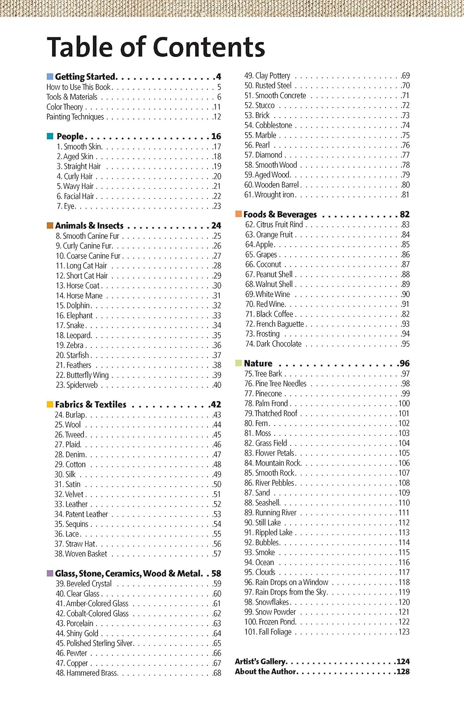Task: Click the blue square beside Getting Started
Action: click(50, 76)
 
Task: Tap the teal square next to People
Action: click(50, 136)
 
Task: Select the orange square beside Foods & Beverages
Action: click(238, 214)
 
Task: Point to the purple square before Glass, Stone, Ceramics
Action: click(50, 573)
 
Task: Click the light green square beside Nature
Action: click(238, 363)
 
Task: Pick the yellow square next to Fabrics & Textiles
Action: click(50, 404)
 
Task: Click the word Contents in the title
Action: click(209, 47)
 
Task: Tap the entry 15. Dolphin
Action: click(73, 305)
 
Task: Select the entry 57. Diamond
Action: click(263, 155)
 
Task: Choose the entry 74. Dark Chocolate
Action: click(273, 344)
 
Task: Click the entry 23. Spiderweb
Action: click(76, 385)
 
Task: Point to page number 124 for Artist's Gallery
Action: click(403, 662)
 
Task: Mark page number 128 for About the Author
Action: click(403, 672)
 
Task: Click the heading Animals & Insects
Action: click(89, 226)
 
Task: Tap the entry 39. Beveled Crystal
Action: click(84, 584)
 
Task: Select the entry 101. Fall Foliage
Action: click(268, 632)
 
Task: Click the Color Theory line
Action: click(65, 107)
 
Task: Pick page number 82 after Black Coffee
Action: click(405, 314)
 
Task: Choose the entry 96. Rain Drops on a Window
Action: click(286, 582)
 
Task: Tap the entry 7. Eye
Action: click(66, 206)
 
